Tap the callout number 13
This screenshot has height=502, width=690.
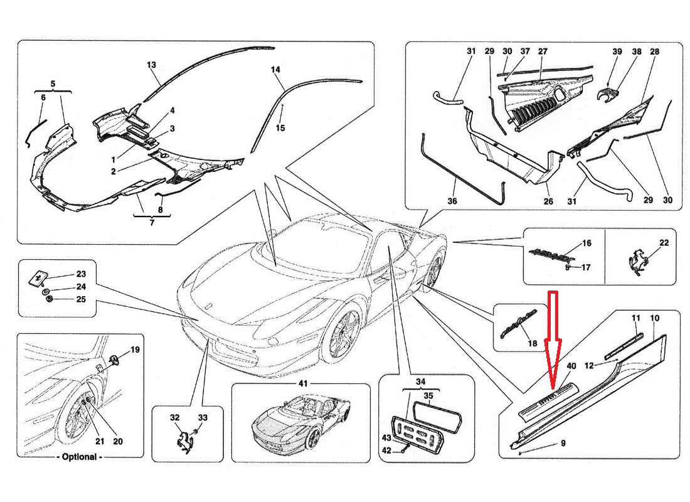click(151, 65)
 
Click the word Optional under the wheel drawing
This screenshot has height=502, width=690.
click(80, 457)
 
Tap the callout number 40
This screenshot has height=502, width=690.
click(571, 366)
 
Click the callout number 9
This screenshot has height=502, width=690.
click(563, 444)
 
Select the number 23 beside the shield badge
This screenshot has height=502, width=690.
click(81, 274)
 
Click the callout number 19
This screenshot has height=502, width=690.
click(135, 350)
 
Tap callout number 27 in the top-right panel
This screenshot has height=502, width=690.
click(543, 51)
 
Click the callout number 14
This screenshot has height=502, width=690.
click(275, 70)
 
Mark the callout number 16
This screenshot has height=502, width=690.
click(587, 243)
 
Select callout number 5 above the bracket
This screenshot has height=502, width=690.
click(53, 83)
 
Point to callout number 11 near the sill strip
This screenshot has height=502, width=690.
click(635, 319)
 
